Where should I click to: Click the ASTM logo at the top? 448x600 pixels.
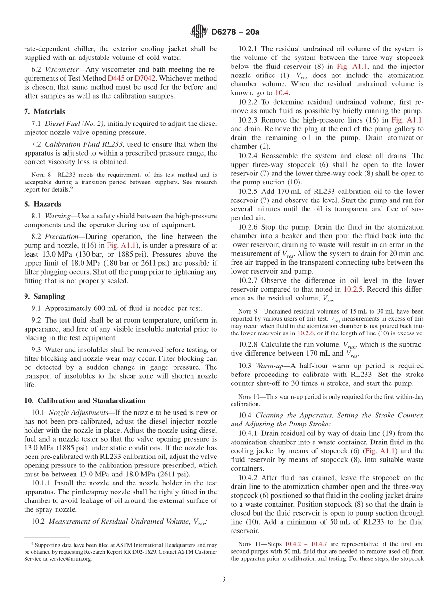(x=199, y=32)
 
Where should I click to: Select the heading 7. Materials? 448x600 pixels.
(x=45, y=112)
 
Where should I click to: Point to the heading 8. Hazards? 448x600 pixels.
(x=42, y=204)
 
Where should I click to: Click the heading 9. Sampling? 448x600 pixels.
(x=44, y=297)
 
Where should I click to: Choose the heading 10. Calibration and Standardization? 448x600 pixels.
(x=85, y=401)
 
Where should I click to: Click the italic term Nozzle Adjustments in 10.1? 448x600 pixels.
(x=78, y=413)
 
